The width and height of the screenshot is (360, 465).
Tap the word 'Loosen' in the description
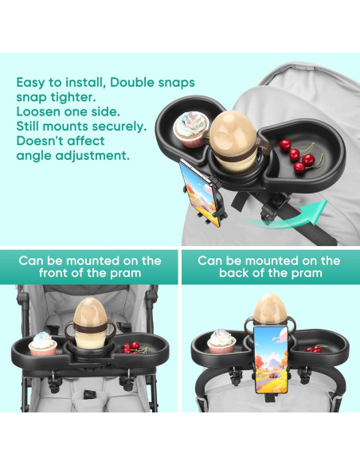tap(38, 111)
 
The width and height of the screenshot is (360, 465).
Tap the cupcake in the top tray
tap(191, 129)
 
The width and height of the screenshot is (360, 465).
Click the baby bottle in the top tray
tap(235, 142)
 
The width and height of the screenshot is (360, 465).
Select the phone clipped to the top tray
tap(199, 193)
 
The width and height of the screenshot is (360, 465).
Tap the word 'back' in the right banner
tap(233, 273)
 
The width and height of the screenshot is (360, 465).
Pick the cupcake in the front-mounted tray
tap(43, 344)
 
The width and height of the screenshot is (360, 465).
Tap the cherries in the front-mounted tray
tap(135, 348)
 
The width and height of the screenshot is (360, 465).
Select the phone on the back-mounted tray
tap(271, 359)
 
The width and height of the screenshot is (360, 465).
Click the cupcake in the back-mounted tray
tap(221, 342)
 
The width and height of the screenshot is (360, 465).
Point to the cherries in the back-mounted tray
tap(316, 348)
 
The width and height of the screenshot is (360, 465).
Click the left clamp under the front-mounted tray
tap(55, 381)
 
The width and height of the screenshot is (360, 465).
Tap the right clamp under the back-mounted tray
tap(305, 374)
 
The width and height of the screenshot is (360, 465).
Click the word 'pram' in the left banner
tap(125, 274)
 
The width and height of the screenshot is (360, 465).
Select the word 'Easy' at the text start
tap(33, 83)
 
